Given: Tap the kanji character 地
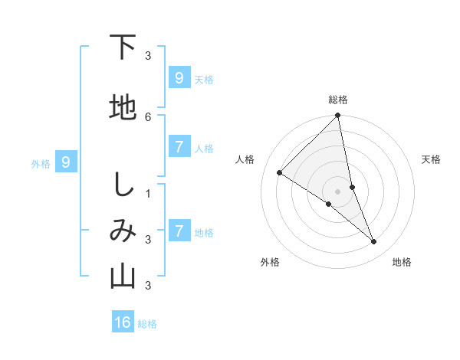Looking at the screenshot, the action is click(x=123, y=108).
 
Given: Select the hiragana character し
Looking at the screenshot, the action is click(x=123, y=187).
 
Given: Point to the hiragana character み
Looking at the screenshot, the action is click(x=123, y=231).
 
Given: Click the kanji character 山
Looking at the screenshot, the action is click(x=123, y=277).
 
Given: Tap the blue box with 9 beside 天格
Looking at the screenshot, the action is click(x=179, y=78).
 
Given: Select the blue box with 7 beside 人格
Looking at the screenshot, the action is click(x=179, y=147).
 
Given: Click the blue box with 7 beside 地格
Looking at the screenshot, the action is click(x=179, y=231).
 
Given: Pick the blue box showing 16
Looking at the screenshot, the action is click(x=123, y=322).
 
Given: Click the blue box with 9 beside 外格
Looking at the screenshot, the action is click(x=66, y=162).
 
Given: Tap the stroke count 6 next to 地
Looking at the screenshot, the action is click(x=148, y=116).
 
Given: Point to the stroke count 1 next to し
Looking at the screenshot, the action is click(x=148, y=193).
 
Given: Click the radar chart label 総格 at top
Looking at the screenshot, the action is click(x=338, y=100).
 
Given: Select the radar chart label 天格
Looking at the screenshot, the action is click(x=432, y=159).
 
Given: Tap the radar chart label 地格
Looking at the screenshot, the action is click(x=402, y=262).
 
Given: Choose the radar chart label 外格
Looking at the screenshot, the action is click(x=270, y=262).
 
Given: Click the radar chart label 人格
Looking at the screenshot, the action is click(x=245, y=159).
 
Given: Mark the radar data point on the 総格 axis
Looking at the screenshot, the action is click(x=338, y=116).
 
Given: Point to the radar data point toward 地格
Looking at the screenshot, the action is click(x=374, y=242).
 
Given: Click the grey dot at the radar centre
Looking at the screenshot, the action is click(x=338, y=191).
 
